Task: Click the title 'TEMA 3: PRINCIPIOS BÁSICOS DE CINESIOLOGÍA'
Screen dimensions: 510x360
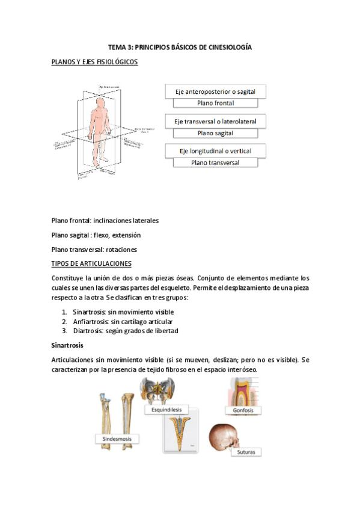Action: (x=180, y=46)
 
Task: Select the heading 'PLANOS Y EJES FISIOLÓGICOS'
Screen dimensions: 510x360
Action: (x=95, y=61)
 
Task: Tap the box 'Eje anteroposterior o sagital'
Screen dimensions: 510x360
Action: (x=215, y=91)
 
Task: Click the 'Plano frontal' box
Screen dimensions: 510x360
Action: (x=215, y=103)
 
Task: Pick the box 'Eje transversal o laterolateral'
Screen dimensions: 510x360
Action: (x=215, y=121)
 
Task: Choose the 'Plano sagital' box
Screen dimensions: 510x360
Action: (x=215, y=133)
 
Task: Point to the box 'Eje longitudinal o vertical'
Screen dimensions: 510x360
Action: (x=215, y=150)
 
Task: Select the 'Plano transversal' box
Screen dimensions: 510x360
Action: (x=215, y=162)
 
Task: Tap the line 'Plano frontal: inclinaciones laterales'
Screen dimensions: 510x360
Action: (x=105, y=220)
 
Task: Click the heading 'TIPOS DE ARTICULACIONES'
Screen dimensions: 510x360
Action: (x=91, y=263)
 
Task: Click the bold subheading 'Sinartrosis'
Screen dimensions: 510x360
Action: (x=69, y=346)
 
